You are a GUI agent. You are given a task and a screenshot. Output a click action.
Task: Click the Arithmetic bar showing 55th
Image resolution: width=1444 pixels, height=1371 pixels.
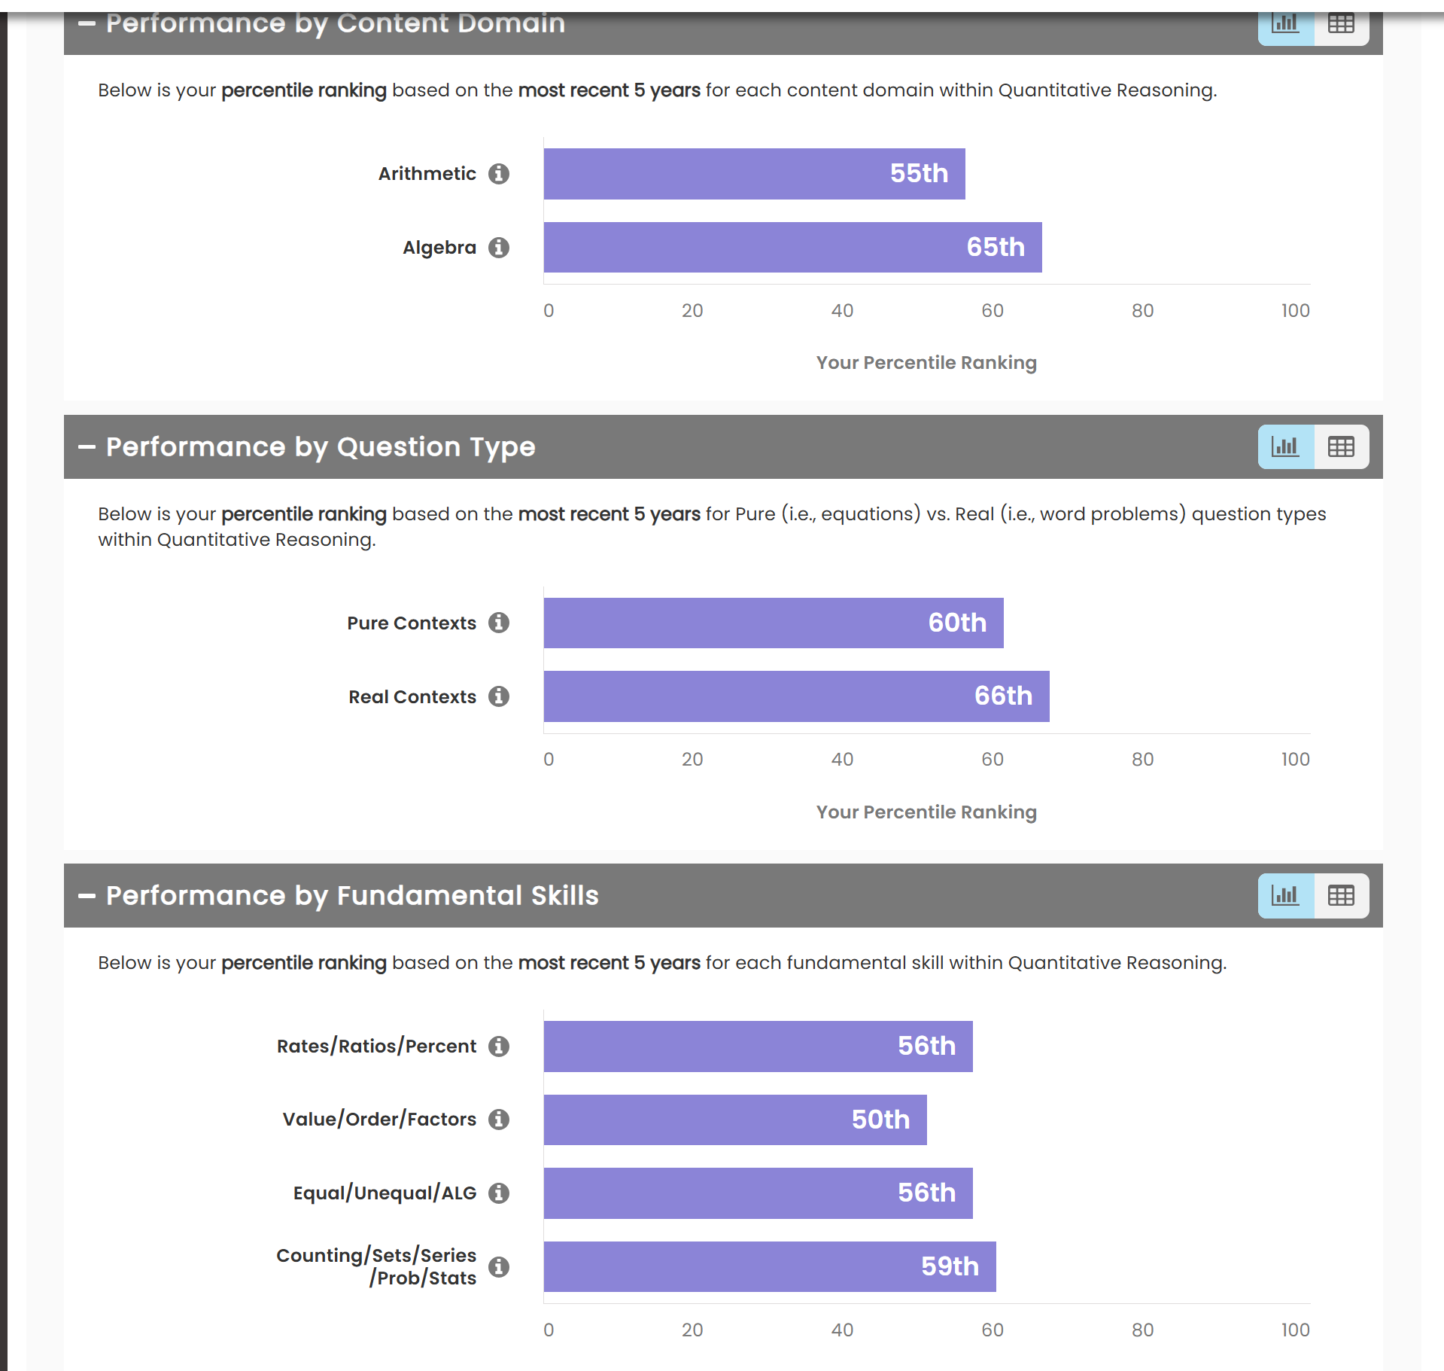(x=754, y=174)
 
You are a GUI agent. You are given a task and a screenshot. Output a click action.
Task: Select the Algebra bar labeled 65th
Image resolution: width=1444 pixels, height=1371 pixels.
(x=792, y=247)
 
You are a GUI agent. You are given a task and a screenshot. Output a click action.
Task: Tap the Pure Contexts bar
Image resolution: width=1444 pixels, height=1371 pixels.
(x=774, y=623)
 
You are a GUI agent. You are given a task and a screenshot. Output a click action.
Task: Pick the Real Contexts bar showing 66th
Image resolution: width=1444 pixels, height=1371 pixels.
(x=796, y=696)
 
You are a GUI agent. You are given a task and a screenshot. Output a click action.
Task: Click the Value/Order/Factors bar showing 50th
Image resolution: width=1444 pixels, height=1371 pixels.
(x=735, y=1120)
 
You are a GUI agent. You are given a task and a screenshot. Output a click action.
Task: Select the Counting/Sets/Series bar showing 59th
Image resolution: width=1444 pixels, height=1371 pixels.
(x=770, y=1266)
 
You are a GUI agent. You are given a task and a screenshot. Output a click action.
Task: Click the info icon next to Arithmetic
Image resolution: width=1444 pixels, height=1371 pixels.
(x=499, y=174)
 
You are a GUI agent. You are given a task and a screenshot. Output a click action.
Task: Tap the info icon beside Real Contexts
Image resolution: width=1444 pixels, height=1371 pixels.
(x=499, y=696)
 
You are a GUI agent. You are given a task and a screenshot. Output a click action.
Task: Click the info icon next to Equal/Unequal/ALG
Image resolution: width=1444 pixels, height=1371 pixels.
(x=499, y=1193)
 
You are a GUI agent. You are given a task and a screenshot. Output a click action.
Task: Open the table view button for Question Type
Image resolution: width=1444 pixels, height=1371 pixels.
(x=1341, y=446)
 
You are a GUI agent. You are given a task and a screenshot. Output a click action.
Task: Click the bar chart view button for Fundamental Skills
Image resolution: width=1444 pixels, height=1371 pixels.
(x=1286, y=895)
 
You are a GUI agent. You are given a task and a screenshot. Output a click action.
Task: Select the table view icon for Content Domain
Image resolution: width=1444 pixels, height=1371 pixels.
(x=1341, y=24)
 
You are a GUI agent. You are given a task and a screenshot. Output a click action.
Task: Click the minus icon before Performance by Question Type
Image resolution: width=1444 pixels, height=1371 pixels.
(x=87, y=446)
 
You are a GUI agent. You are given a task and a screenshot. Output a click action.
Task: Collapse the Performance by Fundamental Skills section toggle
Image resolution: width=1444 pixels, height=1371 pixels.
(x=87, y=895)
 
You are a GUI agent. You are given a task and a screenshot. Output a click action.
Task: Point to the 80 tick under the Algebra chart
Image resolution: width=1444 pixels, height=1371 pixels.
(x=1142, y=311)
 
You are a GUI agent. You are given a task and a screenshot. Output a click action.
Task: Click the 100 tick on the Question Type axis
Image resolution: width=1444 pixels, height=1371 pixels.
(x=1295, y=760)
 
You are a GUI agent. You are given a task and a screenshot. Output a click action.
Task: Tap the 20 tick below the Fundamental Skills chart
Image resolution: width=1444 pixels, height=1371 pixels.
(x=692, y=1330)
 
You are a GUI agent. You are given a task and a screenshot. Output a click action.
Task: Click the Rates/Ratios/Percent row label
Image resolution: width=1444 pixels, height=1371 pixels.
(x=376, y=1047)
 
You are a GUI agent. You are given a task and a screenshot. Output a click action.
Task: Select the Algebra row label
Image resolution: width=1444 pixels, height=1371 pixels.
(x=439, y=248)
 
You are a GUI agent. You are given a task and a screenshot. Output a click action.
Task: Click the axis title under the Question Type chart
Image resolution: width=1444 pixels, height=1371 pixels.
(x=926, y=812)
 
